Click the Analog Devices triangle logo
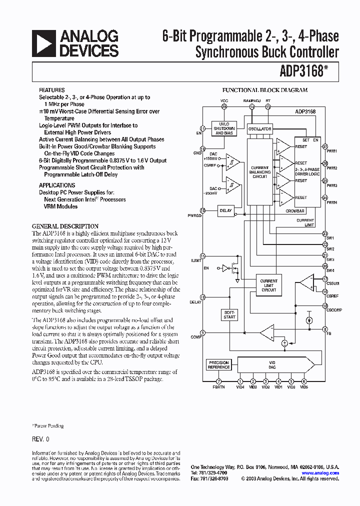pyautogui.click(x=43, y=43)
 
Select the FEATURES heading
pyautogui.click(x=52, y=90)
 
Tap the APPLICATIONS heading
pyautogui.click(x=57, y=185)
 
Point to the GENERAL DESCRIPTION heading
pyautogui.click(x=65, y=226)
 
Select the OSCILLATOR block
pyautogui.click(x=259, y=128)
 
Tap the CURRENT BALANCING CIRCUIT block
pyautogui.click(x=260, y=171)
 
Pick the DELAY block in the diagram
pyautogui.click(x=226, y=210)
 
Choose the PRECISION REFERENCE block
pyautogui.click(x=218, y=365)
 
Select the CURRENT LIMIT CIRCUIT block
pyautogui.click(x=268, y=286)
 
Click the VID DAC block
pyautogui.click(x=272, y=364)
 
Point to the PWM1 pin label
pyautogui.click(x=331, y=150)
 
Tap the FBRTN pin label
pyautogui.click(x=218, y=387)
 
